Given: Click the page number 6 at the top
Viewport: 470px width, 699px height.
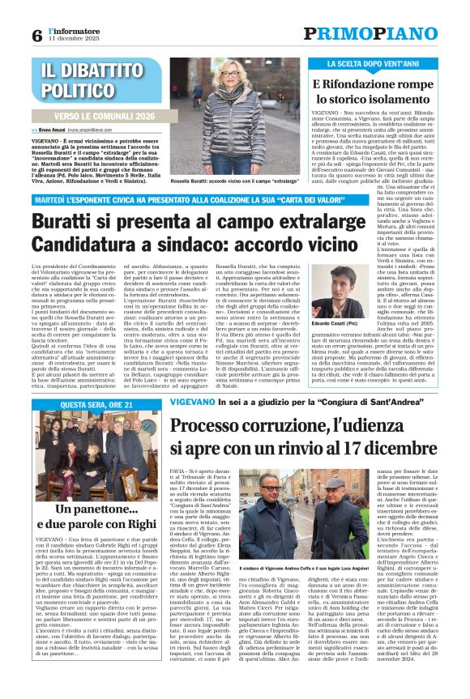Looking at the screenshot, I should tap(36, 35).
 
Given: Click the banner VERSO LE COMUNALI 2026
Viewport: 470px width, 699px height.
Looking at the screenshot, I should tap(103, 116).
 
